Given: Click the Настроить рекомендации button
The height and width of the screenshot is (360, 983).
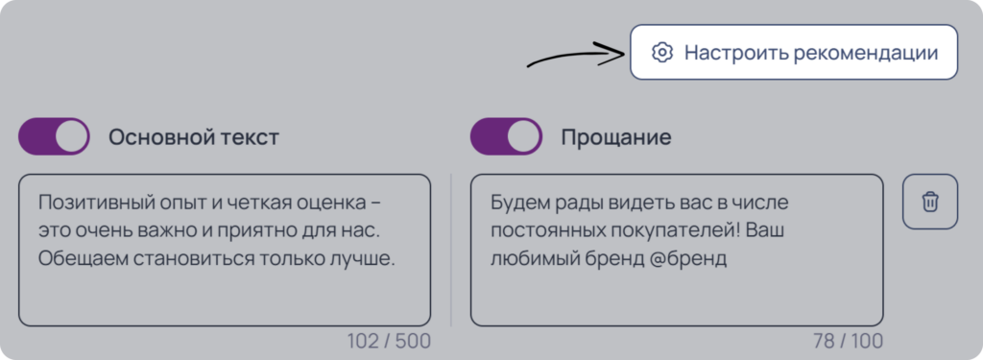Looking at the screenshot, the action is pyautogui.click(x=794, y=52).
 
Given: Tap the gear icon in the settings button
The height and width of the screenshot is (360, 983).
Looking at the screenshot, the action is pyautogui.click(x=661, y=52).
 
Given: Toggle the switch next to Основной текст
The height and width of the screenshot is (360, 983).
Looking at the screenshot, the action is pyautogui.click(x=54, y=136).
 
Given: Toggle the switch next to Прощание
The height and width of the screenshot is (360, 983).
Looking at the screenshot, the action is pyautogui.click(x=506, y=136).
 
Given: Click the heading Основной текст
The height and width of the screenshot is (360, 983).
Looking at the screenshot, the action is pyautogui.click(x=194, y=137).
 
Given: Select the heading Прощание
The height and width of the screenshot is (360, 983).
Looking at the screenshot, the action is pyautogui.click(x=615, y=137).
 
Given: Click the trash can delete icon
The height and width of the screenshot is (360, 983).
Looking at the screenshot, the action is pyautogui.click(x=930, y=202).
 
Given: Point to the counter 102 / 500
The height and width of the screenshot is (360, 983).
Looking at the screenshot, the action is pyautogui.click(x=389, y=341).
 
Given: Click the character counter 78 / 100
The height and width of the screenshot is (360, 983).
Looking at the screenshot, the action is pyautogui.click(x=848, y=341).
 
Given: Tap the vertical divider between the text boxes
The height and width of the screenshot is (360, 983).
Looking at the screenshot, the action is pyautogui.click(x=451, y=250).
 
